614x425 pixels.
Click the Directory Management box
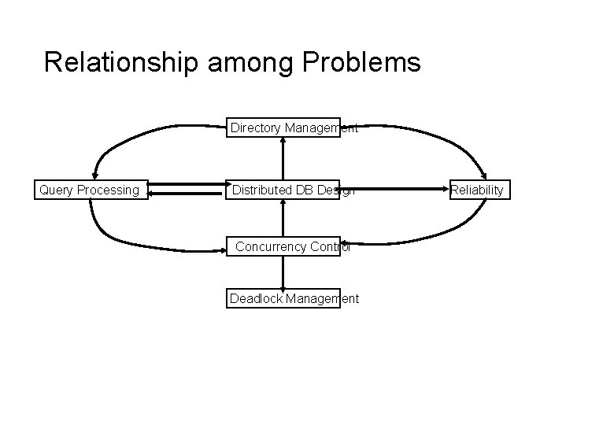(x=283, y=128)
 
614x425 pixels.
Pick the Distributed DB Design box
(x=283, y=190)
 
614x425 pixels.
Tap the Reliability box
(x=477, y=190)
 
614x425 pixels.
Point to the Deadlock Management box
(x=283, y=298)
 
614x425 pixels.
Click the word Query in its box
(x=56, y=190)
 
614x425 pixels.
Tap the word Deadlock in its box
(x=256, y=298)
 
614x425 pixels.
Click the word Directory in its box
(x=255, y=128)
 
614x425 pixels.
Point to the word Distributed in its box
(x=262, y=190)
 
